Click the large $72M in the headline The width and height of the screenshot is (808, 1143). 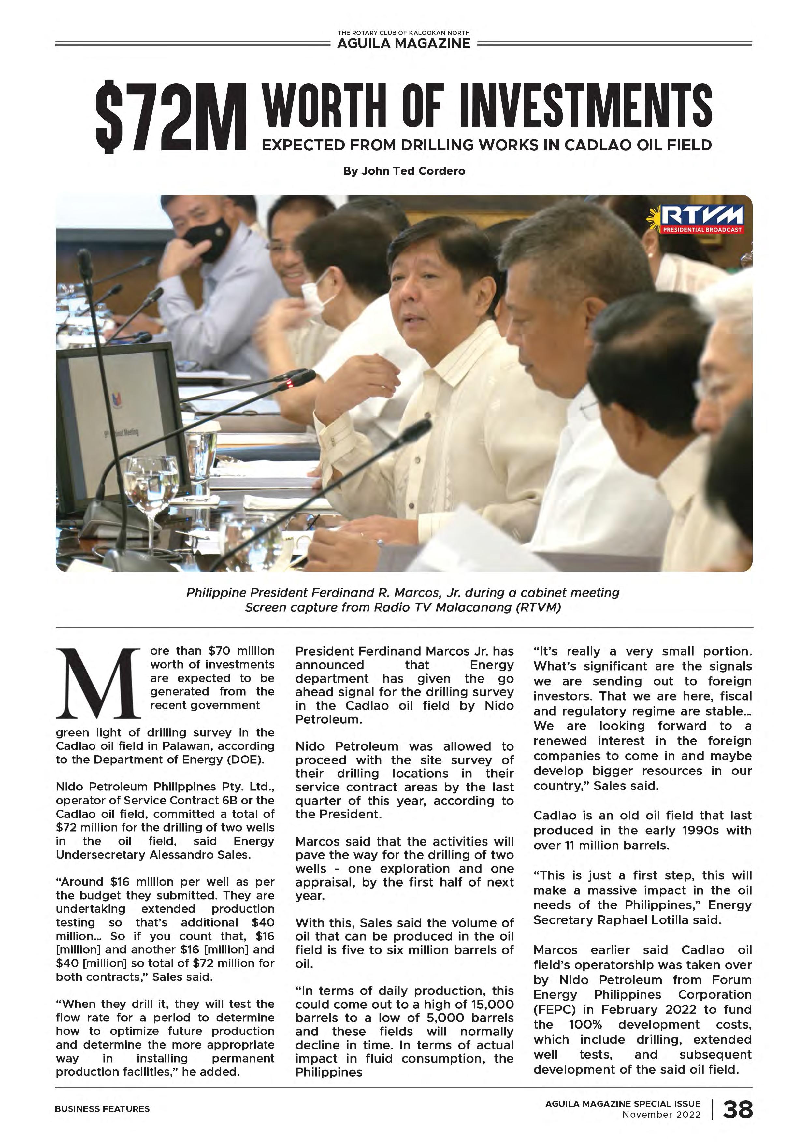[x=171, y=118]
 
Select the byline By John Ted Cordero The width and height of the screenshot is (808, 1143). [x=404, y=171]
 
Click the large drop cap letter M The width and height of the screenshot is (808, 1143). [x=100, y=684]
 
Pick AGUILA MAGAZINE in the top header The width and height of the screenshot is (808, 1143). [x=403, y=44]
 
